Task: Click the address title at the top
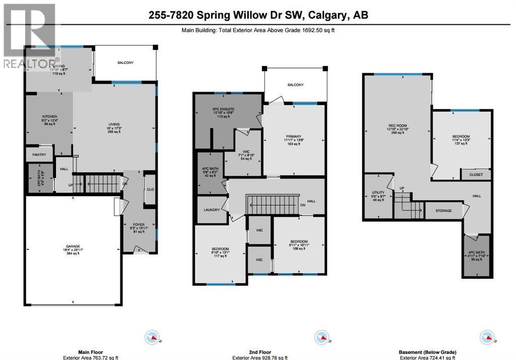point(258,15)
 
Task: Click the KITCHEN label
point(49,116)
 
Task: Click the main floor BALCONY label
point(125,63)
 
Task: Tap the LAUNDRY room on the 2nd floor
point(211,210)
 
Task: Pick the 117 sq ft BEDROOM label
point(220,249)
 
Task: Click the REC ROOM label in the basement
point(397,126)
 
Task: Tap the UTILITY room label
point(378,193)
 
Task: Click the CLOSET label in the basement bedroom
point(476,175)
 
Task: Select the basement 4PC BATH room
point(476,256)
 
